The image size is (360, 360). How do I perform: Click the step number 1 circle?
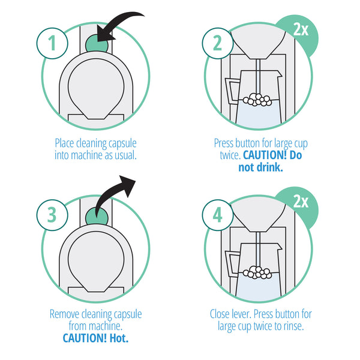click(52, 43)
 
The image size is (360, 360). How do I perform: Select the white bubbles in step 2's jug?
click(259, 99)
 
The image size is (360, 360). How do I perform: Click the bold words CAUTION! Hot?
click(95, 337)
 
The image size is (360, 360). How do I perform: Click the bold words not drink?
click(260, 167)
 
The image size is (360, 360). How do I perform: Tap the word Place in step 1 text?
click(66, 143)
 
